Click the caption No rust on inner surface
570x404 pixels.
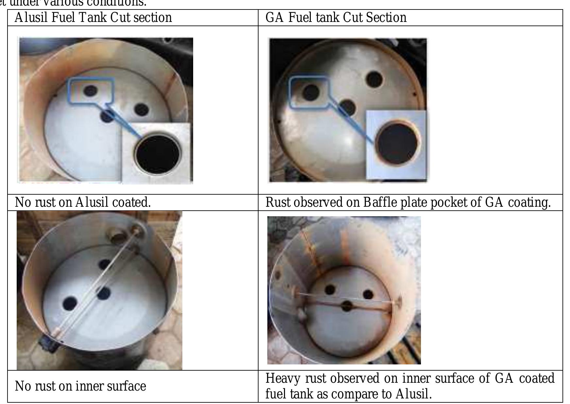coord(80,386)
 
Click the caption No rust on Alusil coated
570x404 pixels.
coord(83,202)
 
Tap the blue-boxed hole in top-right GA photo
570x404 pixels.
coord(310,92)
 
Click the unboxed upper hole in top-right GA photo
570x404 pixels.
coord(374,79)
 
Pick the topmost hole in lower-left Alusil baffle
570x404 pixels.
coord(105,265)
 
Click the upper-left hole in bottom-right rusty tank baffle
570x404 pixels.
coord(330,290)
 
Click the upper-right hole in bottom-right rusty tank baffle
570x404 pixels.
coord(368,294)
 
